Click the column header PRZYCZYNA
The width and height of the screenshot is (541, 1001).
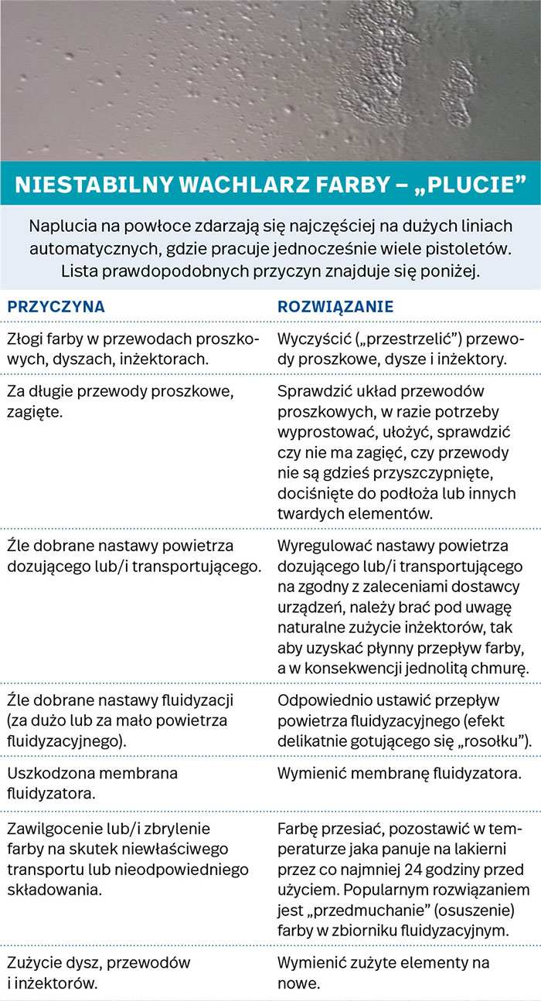pyautogui.click(x=56, y=306)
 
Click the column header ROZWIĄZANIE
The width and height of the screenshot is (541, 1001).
pyautogui.click(x=335, y=306)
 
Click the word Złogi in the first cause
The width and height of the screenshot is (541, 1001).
pyautogui.click(x=25, y=340)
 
